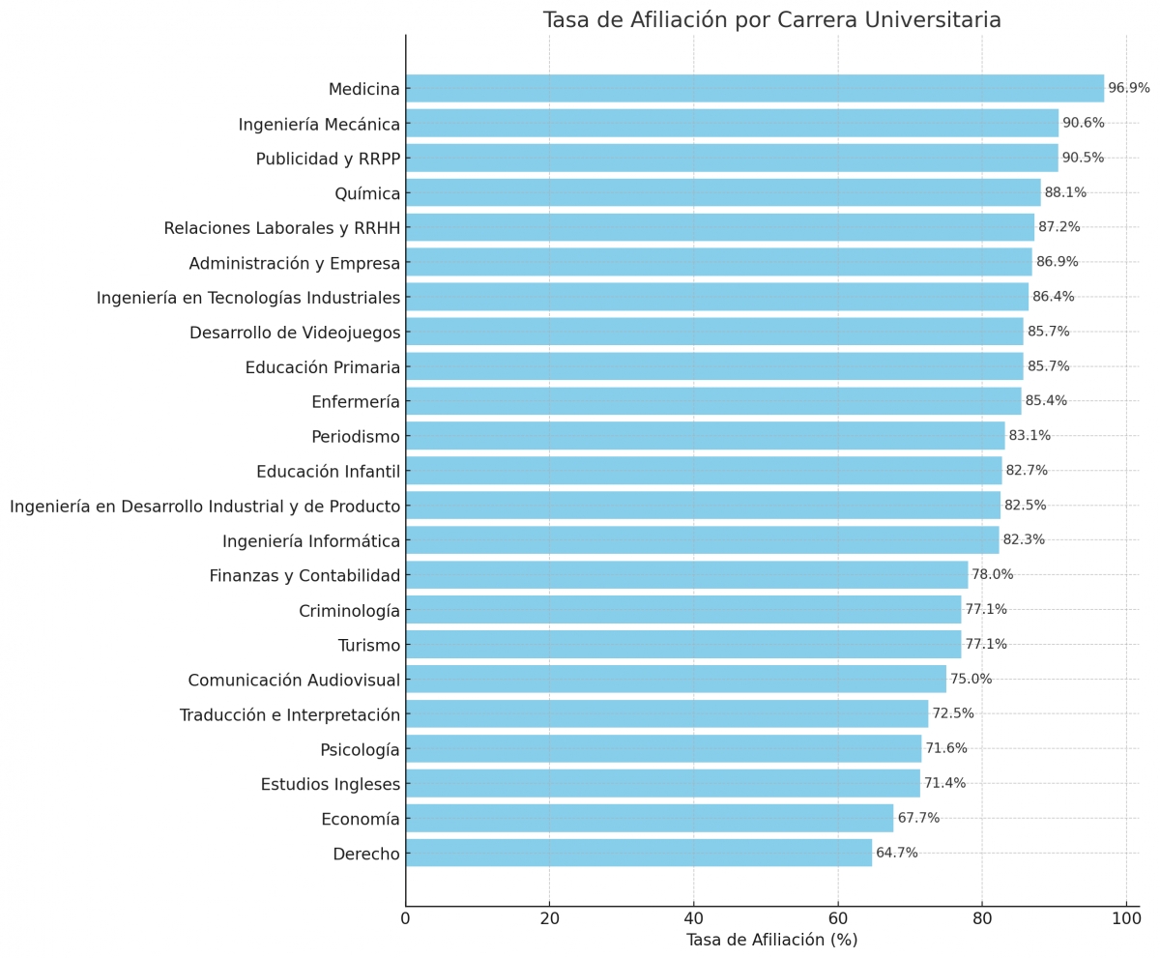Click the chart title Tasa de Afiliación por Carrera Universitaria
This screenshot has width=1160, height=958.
click(x=771, y=20)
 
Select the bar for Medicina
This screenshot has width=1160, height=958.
click(x=754, y=88)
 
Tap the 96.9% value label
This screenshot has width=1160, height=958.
click(x=1128, y=88)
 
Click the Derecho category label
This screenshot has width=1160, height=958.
click(x=365, y=854)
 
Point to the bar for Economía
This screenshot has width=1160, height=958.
click(x=650, y=818)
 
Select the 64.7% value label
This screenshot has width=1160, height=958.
click(x=896, y=853)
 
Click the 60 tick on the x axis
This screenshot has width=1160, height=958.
click(x=838, y=917)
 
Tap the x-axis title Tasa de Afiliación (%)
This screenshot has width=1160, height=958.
click(x=771, y=940)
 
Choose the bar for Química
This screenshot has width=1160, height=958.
click(x=723, y=192)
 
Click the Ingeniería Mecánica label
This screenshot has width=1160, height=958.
click(x=319, y=124)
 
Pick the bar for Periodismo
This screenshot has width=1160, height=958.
click(x=705, y=436)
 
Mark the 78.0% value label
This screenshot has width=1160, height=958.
click(x=992, y=574)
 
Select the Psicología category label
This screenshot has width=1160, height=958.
click(x=360, y=749)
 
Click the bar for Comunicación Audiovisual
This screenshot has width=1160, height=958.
click(x=676, y=679)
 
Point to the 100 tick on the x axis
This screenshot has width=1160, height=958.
click(x=1126, y=917)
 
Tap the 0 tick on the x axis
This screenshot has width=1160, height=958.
click(x=406, y=917)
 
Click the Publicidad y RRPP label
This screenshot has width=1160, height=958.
click(x=328, y=159)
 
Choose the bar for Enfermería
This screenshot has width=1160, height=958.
click(x=713, y=401)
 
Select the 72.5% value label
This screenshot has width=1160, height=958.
click(x=952, y=713)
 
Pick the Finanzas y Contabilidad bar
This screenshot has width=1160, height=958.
click(x=686, y=574)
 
